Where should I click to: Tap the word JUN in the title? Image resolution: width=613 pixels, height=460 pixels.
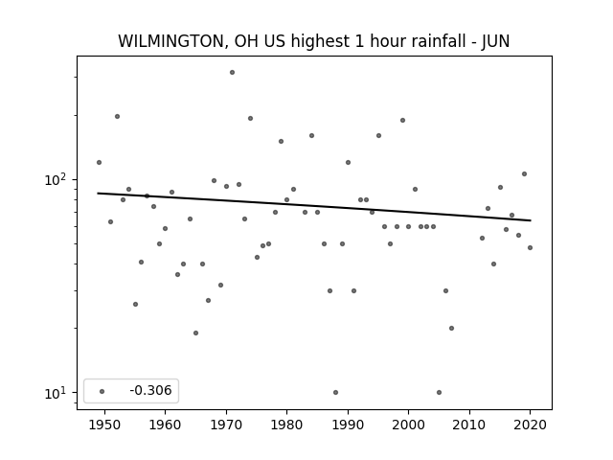click(495, 41)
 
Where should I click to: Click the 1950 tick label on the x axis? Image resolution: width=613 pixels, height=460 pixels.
click(104, 425)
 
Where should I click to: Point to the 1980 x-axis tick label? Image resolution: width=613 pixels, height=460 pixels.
click(286, 425)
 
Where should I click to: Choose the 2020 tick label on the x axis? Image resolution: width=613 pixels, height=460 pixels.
click(530, 425)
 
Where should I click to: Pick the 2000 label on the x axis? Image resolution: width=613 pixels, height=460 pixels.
click(409, 425)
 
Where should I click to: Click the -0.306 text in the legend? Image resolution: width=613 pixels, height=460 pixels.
click(150, 390)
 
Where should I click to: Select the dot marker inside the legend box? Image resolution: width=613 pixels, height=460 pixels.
click(102, 391)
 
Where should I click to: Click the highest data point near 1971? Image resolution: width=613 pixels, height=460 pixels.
click(232, 73)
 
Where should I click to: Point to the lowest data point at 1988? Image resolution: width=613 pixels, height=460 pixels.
click(335, 392)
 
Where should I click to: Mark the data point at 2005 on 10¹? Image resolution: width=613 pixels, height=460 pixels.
click(439, 392)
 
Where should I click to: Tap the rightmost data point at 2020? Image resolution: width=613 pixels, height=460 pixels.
click(530, 247)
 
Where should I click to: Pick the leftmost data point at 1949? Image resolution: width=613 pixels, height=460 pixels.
click(99, 162)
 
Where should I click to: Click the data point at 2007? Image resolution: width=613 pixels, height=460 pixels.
click(451, 328)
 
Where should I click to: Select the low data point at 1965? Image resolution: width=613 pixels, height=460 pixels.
click(195, 333)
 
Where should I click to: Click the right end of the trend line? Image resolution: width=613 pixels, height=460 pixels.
click(531, 220)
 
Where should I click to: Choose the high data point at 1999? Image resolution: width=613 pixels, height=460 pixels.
click(402, 120)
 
